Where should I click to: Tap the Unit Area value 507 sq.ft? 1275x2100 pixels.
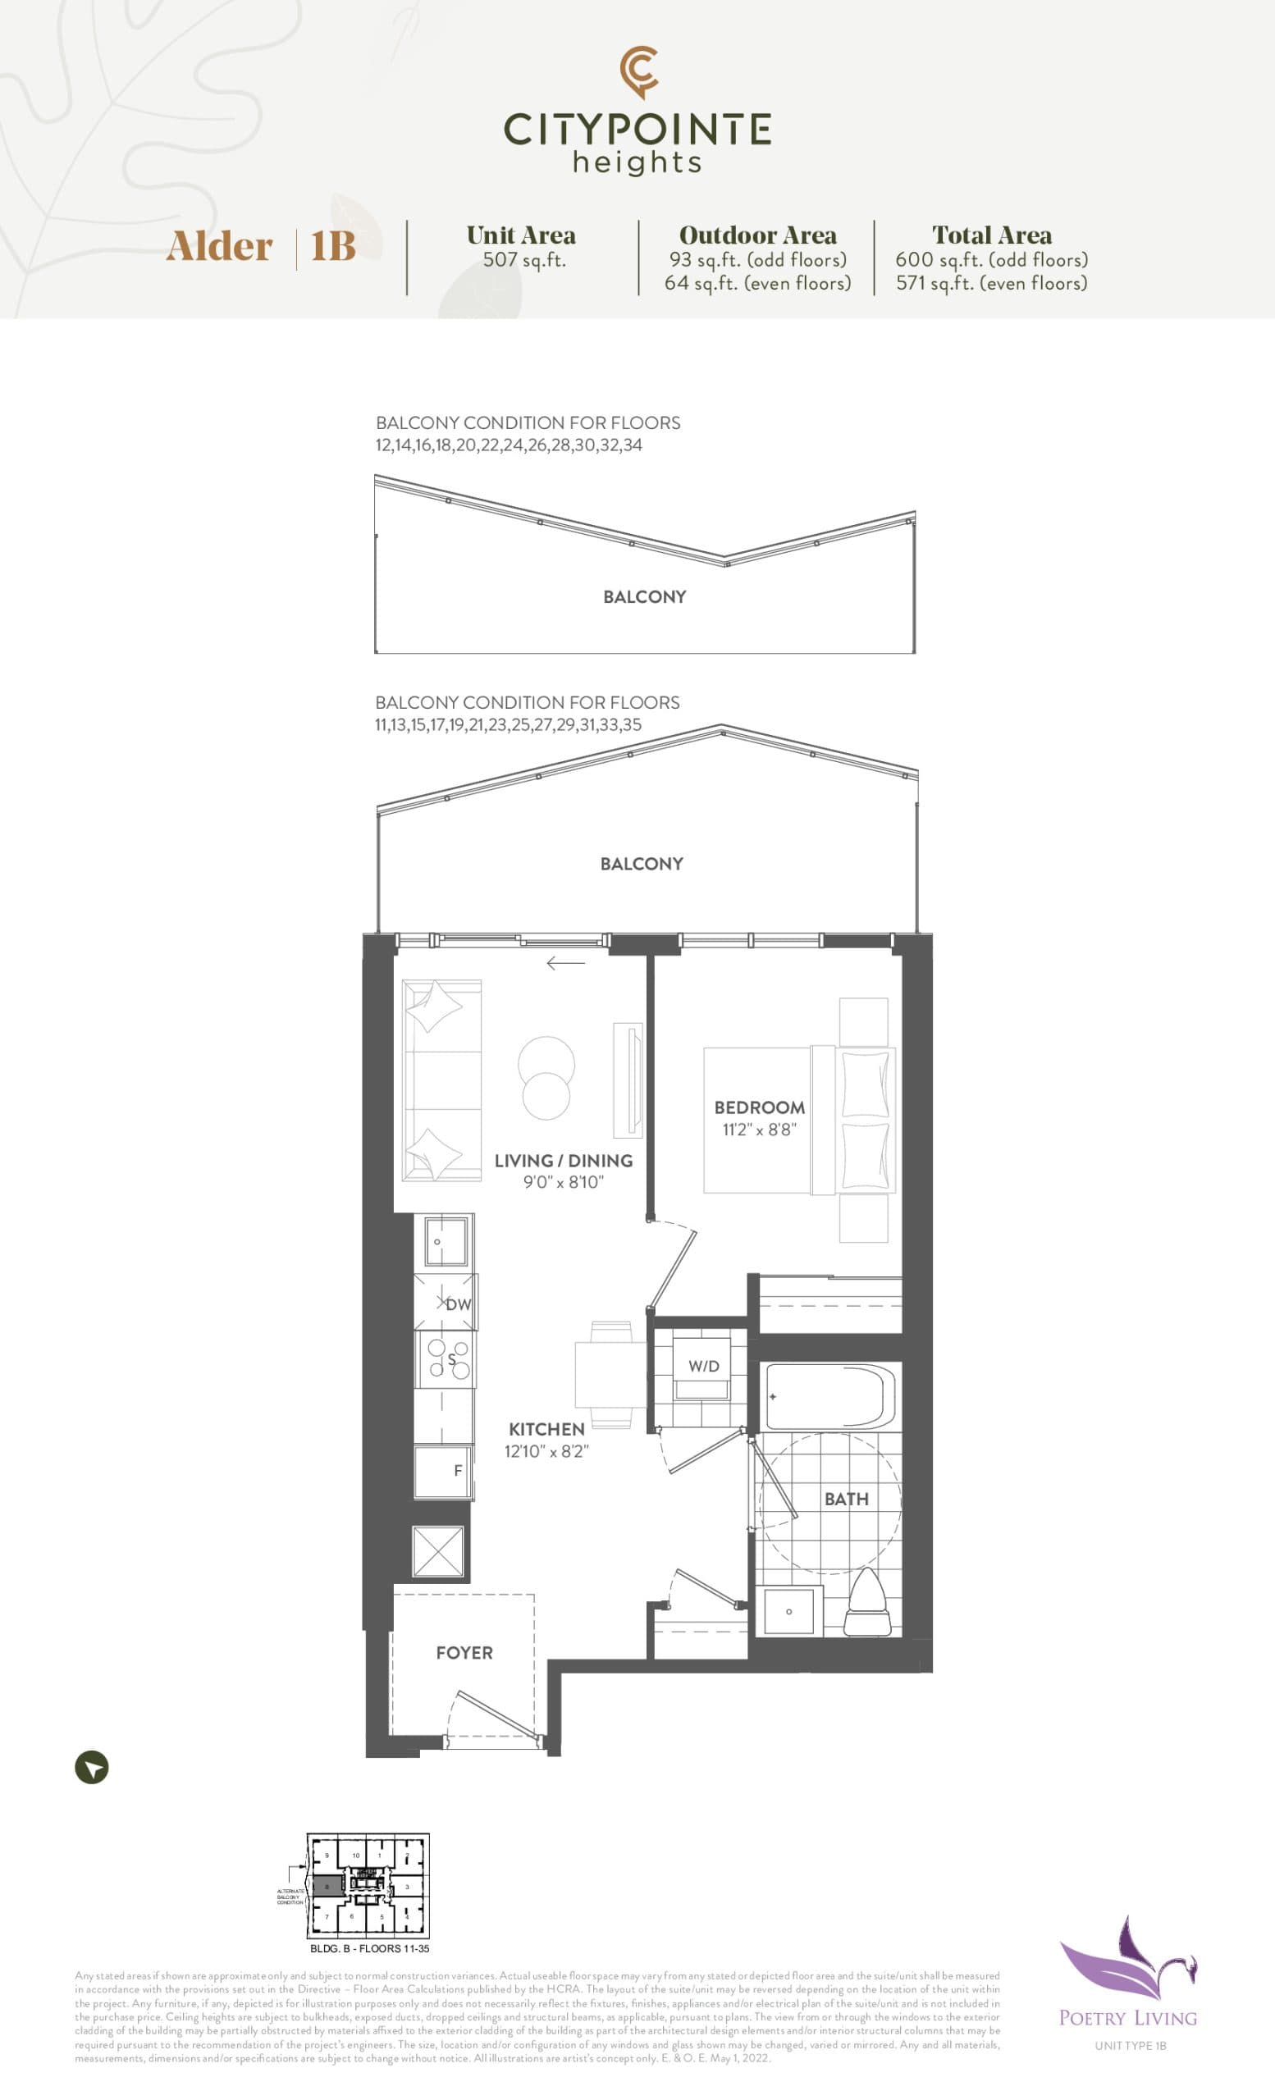[524, 260]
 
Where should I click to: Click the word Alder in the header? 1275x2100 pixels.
[219, 246]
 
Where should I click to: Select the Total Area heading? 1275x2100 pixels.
[991, 235]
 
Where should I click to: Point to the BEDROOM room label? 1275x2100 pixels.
[759, 1107]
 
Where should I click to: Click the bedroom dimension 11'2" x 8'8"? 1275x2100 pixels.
[759, 1130]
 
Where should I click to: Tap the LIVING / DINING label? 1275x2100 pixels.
[564, 1160]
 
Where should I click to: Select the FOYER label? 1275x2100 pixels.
[464, 1653]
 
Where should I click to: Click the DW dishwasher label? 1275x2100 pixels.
[458, 1304]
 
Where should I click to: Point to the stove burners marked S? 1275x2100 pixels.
[448, 1359]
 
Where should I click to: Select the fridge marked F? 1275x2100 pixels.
[444, 1470]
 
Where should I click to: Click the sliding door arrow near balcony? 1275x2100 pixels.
[565, 963]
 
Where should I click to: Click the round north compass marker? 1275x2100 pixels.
[92, 1767]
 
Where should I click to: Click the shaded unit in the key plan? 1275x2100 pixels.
[327, 1886]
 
